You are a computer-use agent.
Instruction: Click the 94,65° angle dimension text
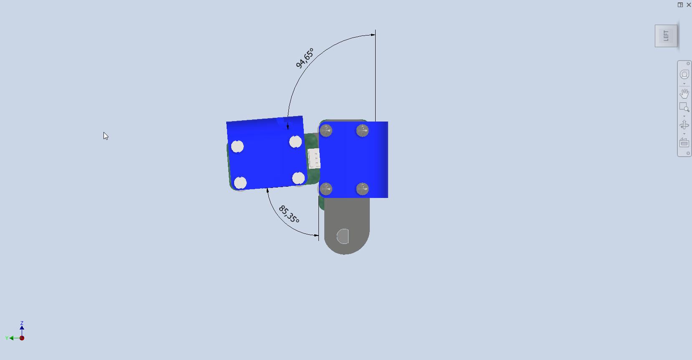coord(304,58)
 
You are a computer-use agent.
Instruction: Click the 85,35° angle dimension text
coord(289,214)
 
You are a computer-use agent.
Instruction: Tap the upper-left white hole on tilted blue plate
coord(237,147)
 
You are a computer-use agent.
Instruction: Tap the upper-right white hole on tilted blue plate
coord(295,142)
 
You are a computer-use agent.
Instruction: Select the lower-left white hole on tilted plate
coord(240,183)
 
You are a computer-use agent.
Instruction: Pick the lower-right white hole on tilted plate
coord(298,178)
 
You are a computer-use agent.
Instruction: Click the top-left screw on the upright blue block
coord(326,131)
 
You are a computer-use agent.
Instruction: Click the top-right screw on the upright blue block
coord(362,131)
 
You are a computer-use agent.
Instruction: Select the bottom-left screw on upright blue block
coord(326,189)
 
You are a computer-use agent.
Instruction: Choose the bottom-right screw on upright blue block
coord(362,189)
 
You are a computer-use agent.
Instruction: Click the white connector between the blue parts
coord(314,159)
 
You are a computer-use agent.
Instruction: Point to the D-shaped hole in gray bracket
coord(343,236)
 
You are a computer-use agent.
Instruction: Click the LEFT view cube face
coord(666,36)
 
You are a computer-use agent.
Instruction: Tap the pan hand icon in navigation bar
coord(684,93)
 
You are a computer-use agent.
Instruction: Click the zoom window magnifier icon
coord(684,107)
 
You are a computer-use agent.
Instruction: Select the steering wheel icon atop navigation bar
coord(684,75)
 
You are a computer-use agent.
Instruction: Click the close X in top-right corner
coord(689,5)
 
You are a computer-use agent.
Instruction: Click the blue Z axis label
coord(22,323)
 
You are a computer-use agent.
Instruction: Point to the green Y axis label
coord(7,338)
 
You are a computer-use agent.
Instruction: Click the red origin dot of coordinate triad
coord(22,338)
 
